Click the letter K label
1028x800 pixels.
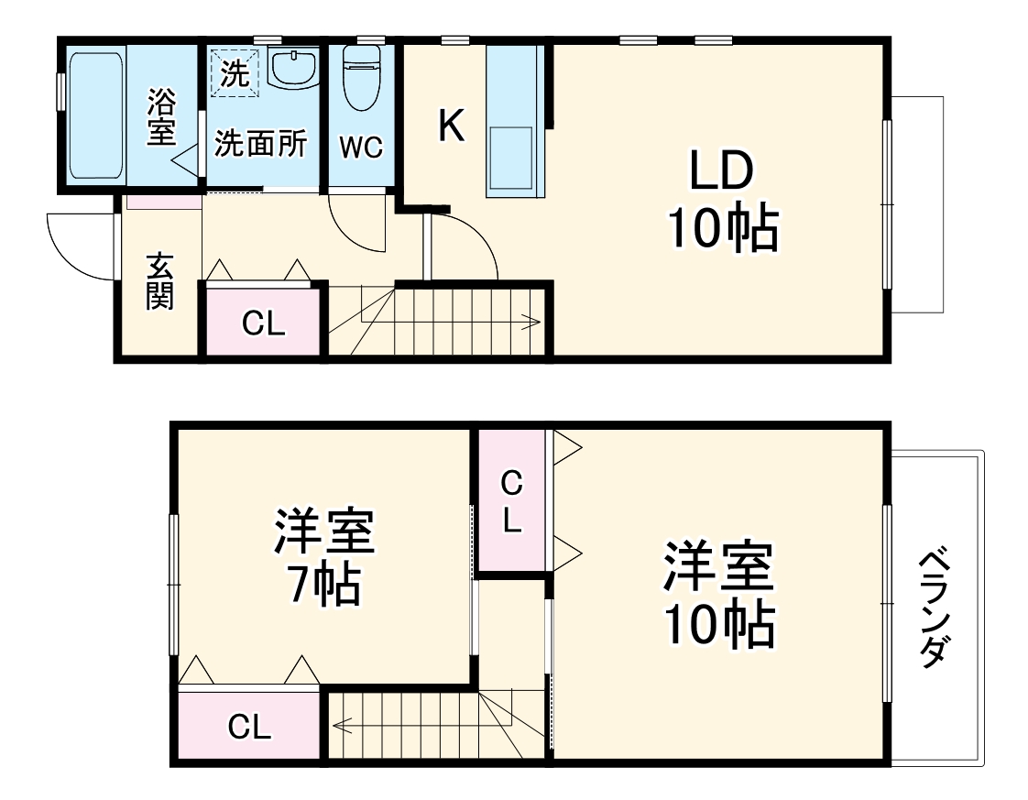point(450,126)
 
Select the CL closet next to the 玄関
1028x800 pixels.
point(263,322)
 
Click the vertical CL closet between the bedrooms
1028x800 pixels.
point(511,502)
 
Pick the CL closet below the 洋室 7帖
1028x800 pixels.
point(249,728)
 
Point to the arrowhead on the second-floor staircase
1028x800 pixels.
point(338,728)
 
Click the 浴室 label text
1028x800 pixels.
point(161,117)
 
